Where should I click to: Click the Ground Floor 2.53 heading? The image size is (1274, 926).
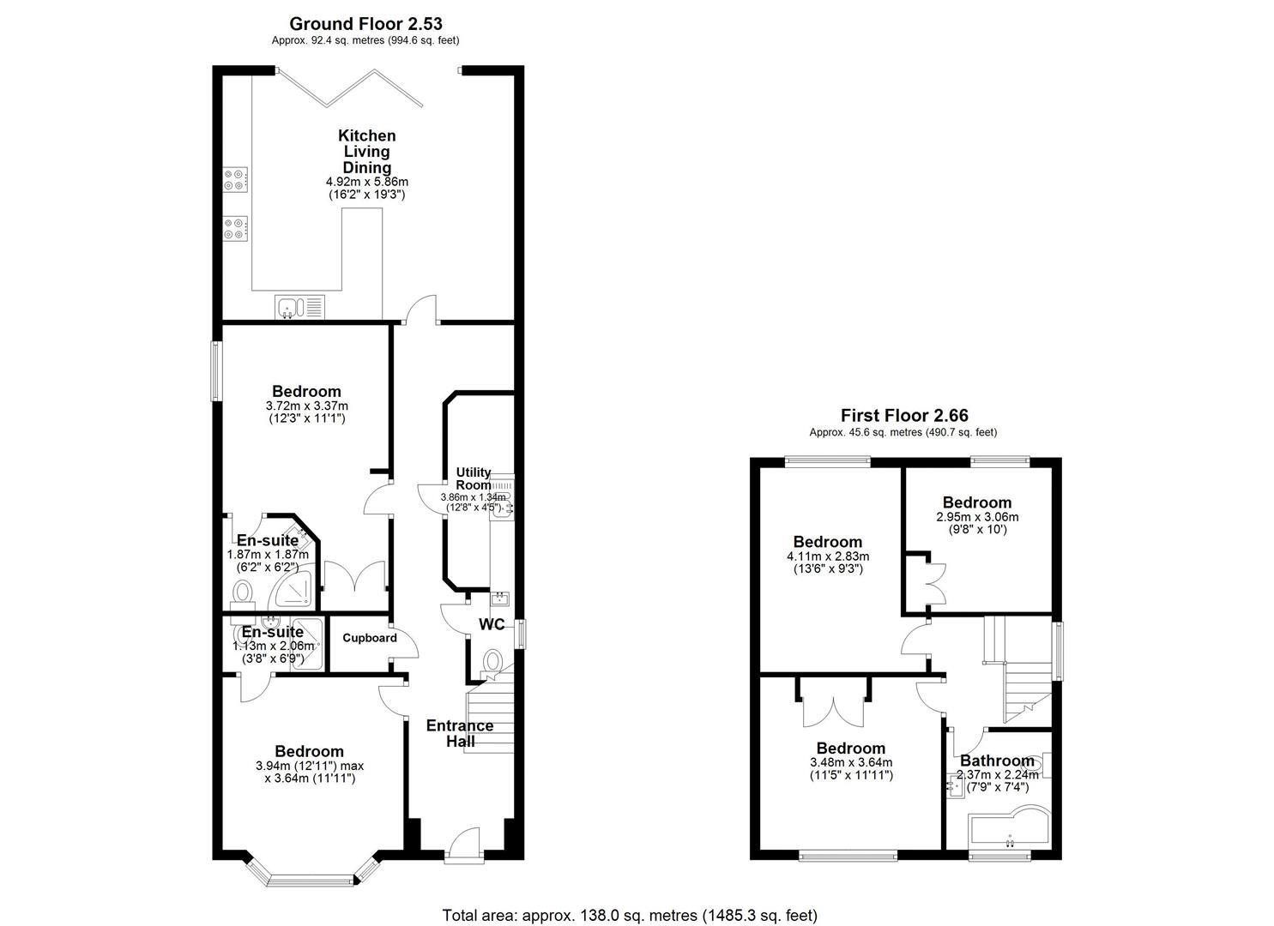click(366, 24)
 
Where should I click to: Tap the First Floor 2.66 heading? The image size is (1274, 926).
click(904, 416)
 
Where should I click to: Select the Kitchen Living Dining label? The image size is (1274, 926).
click(367, 152)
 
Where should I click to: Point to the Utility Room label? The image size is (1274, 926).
click(474, 478)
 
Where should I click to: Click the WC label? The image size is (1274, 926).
click(492, 624)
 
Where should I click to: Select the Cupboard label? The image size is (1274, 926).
click(370, 638)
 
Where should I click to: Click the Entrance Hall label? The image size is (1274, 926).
click(460, 733)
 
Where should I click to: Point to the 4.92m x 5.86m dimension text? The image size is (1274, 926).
click(367, 183)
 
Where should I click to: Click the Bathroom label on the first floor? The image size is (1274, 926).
click(997, 761)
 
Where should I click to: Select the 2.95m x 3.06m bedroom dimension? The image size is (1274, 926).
click(977, 517)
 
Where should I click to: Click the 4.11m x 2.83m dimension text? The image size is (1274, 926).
click(828, 556)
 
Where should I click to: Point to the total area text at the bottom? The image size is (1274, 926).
click(630, 916)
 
